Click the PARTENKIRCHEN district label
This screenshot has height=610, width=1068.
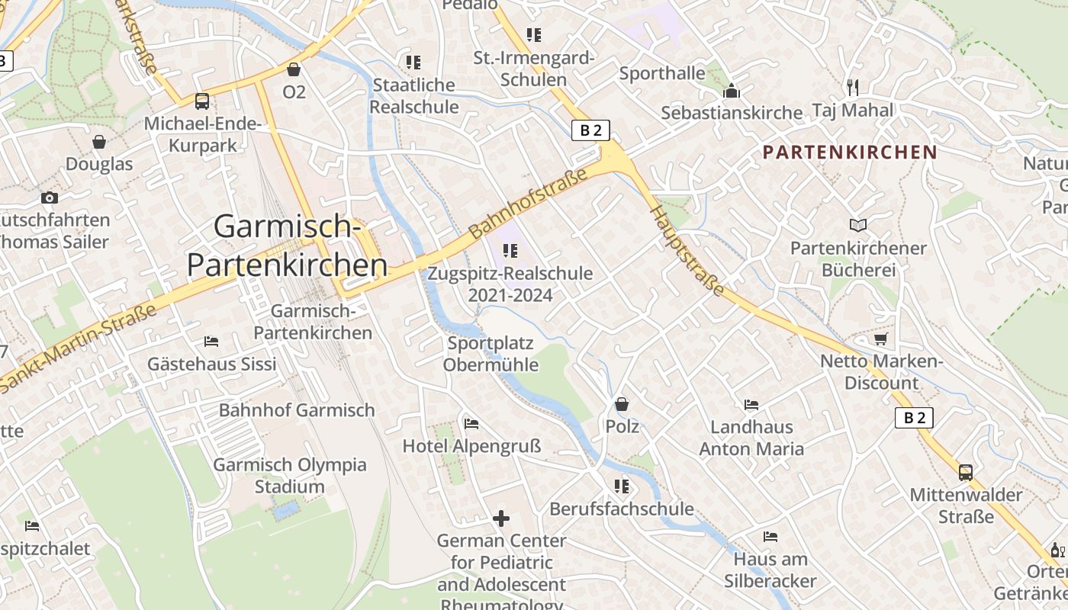(850, 152)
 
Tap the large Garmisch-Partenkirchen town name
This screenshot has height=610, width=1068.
(287, 246)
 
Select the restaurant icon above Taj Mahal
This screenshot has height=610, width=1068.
(852, 87)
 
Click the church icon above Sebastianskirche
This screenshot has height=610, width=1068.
(732, 91)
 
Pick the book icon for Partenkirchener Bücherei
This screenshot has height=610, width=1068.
(858, 225)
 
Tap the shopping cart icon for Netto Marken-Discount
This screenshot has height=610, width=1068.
(881, 339)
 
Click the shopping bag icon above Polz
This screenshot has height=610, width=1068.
(622, 404)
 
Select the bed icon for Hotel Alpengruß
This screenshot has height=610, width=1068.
(471, 423)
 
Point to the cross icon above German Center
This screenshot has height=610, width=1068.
(501, 518)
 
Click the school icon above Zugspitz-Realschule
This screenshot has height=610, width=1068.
(510, 250)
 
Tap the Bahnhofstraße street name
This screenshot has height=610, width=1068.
(528, 204)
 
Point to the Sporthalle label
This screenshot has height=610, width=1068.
(662, 73)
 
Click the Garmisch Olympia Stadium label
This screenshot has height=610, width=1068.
(289, 475)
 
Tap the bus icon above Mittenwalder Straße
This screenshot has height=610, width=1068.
(966, 472)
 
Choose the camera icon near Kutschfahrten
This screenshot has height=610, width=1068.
(50, 197)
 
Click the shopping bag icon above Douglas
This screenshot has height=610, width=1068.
(99, 142)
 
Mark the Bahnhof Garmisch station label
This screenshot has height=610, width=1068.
(297, 410)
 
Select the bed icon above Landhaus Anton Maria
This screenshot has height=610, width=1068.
(751, 404)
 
